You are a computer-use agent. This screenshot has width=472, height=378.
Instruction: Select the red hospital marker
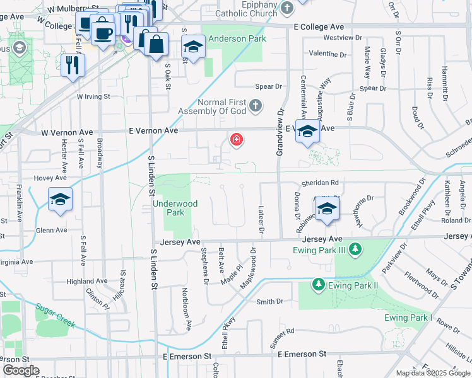[237, 139]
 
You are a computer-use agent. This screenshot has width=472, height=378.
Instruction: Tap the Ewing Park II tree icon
[319, 285]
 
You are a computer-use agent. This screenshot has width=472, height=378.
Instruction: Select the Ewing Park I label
[408, 317]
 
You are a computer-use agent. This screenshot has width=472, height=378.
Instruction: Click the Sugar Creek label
[56, 316]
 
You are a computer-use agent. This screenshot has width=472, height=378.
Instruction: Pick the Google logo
[21, 370]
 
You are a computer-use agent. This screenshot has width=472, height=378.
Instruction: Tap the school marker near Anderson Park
[194, 47]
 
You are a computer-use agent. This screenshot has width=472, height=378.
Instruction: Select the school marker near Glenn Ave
[61, 200]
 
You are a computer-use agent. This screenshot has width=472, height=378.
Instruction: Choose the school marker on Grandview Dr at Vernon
[307, 132]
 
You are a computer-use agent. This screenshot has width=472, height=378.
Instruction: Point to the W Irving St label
[93, 97]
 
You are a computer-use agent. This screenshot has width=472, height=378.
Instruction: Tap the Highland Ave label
[87, 281]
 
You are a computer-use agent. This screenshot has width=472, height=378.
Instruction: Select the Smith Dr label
[269, 302]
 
